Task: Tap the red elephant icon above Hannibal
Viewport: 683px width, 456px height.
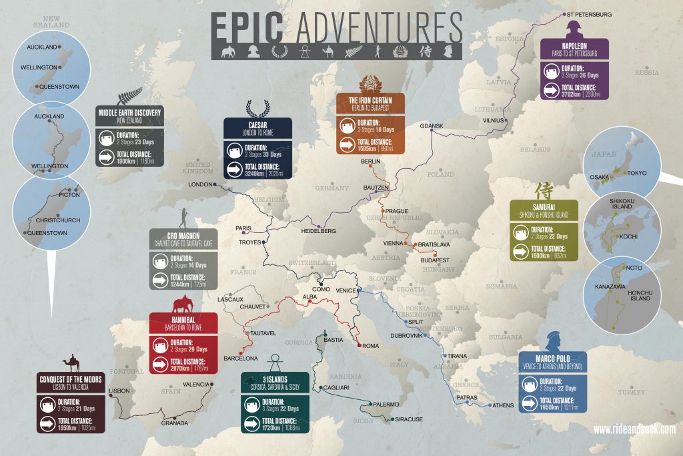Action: coord(184,304)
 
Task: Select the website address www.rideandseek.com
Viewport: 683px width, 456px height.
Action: coord(634,429)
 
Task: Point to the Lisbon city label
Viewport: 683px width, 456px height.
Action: coord(119,391)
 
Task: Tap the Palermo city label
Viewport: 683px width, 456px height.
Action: coord(386,405)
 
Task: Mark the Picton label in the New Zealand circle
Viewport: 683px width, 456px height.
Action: coord(69,195)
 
